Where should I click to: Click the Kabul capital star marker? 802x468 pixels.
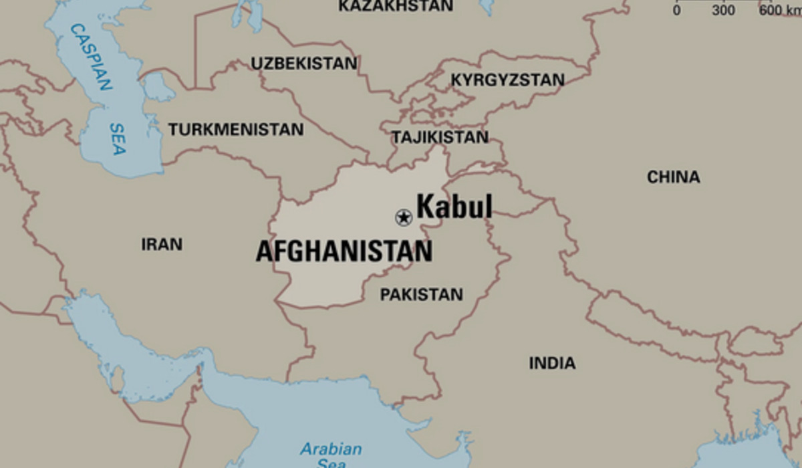(x=403, y=217)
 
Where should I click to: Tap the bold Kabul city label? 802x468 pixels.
(x=454, y=207)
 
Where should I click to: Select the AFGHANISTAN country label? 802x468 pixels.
(x=344, y=252)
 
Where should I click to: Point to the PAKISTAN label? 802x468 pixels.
(x=421, y=294)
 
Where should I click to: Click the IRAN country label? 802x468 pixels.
(x=162, y=245)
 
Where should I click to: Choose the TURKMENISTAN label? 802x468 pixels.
(x=235, y=129)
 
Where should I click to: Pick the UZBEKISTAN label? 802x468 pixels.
(x=304, y=64)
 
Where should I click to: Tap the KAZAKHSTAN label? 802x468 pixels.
(x=396, y=6)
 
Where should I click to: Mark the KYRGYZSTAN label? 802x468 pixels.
(x=507, y=80)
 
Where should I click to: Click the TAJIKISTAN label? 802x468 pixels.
(x=440, y=137)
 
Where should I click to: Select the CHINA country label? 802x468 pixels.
(x=673, y=177)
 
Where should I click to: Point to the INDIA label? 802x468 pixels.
(x=552, y=363)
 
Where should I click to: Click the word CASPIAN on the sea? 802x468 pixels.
(x=91, y=57)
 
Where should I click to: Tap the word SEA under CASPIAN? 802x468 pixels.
(x=117, y=138)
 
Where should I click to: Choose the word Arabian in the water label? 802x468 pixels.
(x=330, y=448)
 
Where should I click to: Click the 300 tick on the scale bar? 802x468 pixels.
(x=723, y=10)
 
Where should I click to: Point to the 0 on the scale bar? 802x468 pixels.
(x=676, y=10)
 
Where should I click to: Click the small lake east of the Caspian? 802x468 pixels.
(x=158, y=87)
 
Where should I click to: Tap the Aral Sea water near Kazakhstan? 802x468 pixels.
(x=248, y=15)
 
